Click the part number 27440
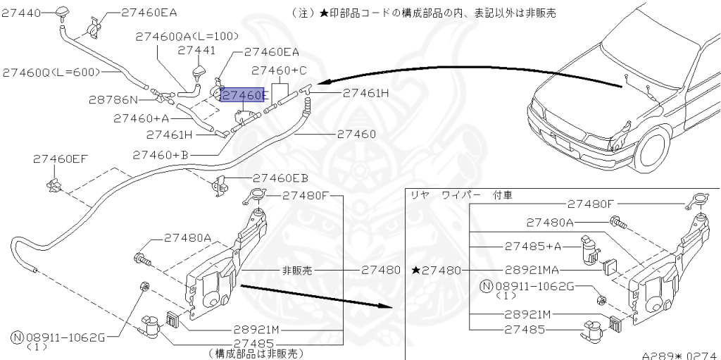(x=20, y=13)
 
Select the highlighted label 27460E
(x=243, y=95)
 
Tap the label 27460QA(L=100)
(x=187, y=37)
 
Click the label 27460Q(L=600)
(x=51, y=73)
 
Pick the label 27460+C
(x=279, y=70)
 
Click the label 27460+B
(x=161, y=155)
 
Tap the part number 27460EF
(x=61, y=159)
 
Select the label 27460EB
(x=280, y=178)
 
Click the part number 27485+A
(x=534, y=247)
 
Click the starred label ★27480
(x=436, y=271)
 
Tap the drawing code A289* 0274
(x=681, y=355)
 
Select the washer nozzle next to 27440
(x=61, y=14)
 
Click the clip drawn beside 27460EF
(x=54, y=185)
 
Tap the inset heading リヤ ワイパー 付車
(x=460, y=195)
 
